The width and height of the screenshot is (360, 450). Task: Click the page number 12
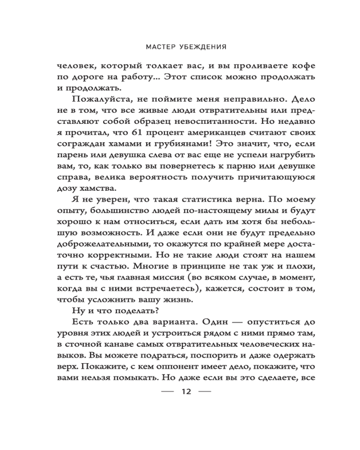186,392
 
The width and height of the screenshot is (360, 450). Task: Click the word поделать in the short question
131,310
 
